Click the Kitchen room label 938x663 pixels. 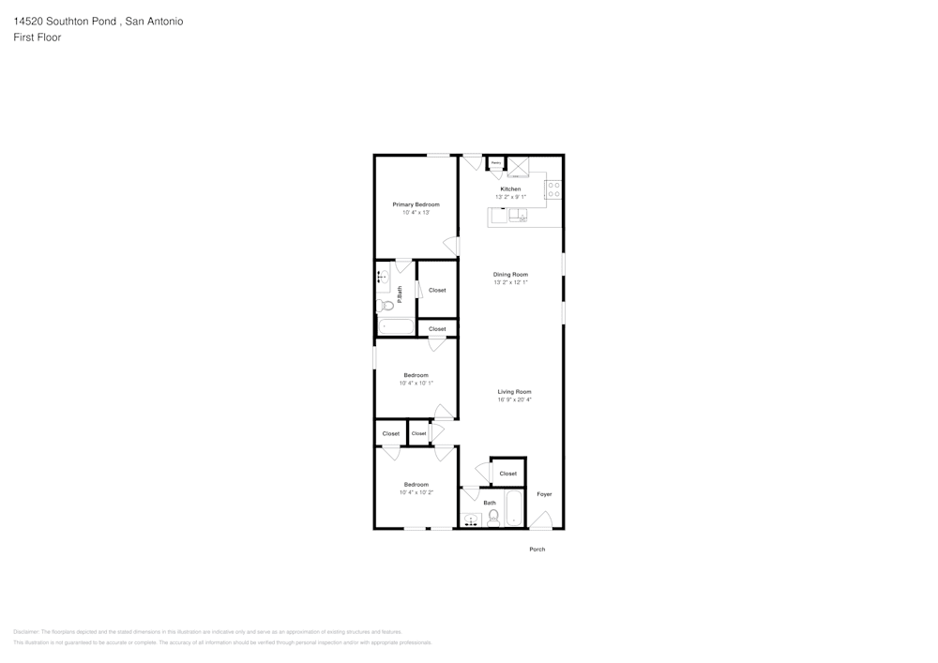click(510, 189)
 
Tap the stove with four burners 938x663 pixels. click(553, 189)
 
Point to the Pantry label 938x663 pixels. click(495, 163)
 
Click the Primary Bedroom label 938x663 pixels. click(416, 204)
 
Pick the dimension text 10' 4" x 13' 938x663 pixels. click(416, 213)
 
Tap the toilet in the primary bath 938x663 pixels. click(386, 305)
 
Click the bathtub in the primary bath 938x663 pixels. click(396, 326)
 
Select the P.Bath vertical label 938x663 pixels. click(400, 294)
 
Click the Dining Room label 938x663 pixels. click(511, 274)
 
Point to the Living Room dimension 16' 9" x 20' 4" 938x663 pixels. click(514, 399)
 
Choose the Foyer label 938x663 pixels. click(544, 494)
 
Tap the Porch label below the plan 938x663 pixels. click(537, 550)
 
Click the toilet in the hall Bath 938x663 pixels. click(493, 517)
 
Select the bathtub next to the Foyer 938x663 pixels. click(515, 510)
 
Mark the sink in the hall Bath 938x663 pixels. click(471, 519)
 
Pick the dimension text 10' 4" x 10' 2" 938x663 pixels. click(416, 492)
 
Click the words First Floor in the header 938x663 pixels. click(38, 38)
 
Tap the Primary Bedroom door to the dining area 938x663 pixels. click(451, 247)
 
